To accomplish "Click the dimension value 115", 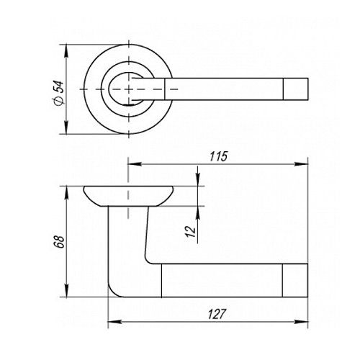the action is click(218, 156).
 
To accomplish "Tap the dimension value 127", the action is click(217, 314).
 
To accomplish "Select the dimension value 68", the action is click(59, 242).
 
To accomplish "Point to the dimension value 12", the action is click(192, 232).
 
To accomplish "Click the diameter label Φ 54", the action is click(59, 93).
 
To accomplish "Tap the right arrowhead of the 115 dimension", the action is click(301, 164).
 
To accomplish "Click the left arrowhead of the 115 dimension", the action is click(135, 164).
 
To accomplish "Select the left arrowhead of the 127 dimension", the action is click(114, 322).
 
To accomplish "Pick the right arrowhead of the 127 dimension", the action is click(301, 322).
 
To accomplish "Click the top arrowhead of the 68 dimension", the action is click(67, 193).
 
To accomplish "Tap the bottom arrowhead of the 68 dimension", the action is click(67, 290).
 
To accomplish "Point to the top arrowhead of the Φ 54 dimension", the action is click(66, 51).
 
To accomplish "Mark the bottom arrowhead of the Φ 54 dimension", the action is click(66, 127).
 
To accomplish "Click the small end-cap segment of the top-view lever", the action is click(295, 89).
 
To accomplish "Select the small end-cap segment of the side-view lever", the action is click(295, 280).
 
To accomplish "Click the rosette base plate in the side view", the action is click(128, 196).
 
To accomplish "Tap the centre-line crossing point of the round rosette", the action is click(129, 89).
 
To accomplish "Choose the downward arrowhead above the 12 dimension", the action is click(197, 179).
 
